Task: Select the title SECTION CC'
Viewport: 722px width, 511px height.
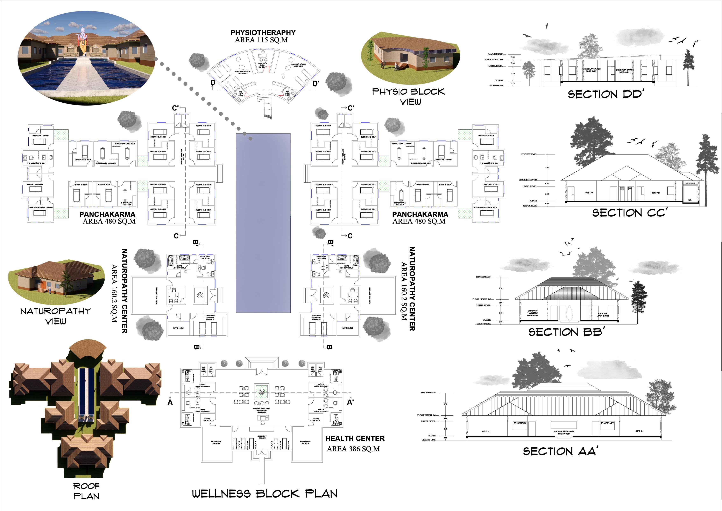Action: point(629,213)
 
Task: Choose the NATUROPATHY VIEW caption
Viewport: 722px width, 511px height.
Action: point(56,316)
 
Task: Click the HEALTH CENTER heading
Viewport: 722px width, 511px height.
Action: point(355,438)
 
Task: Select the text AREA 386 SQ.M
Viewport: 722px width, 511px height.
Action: point(353,449)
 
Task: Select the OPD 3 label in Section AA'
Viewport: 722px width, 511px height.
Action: point(486,431)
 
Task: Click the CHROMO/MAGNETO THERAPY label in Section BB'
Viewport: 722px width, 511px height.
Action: point(532,313)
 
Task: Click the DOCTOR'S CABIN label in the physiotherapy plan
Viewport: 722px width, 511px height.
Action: point(262,65)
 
